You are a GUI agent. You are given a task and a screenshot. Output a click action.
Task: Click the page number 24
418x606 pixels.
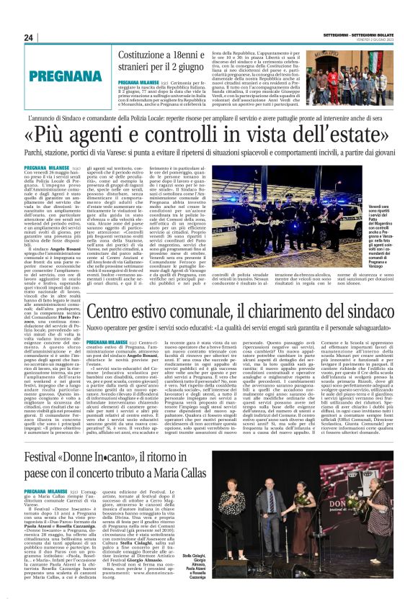pyautogui.click(x=29, y=37)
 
